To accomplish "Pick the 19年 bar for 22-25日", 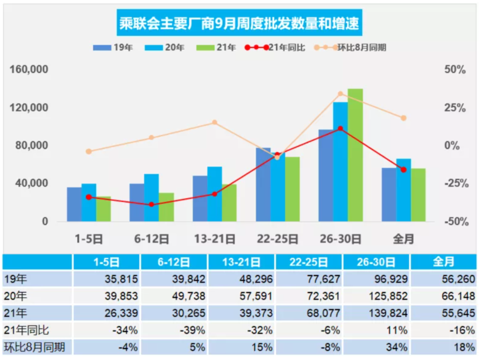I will [x=263, y=185].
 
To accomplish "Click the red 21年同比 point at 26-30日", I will [x=341, y=129].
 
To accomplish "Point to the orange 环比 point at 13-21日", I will [x=215, y=122].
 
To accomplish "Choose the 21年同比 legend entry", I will [x=286, y=47].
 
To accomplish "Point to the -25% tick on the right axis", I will [x=455, y=184].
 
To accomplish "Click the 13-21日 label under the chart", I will [x=215, y=240].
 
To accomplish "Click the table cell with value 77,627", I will [x=322, y=279].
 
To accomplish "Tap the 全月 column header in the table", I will [x=443, y=262].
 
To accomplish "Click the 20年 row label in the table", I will [x=16, y=296].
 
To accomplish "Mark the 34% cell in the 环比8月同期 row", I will [x=398, y=347].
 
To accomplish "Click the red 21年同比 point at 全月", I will [x=404, y=170].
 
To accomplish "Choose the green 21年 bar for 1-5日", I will [x=103, y=209].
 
